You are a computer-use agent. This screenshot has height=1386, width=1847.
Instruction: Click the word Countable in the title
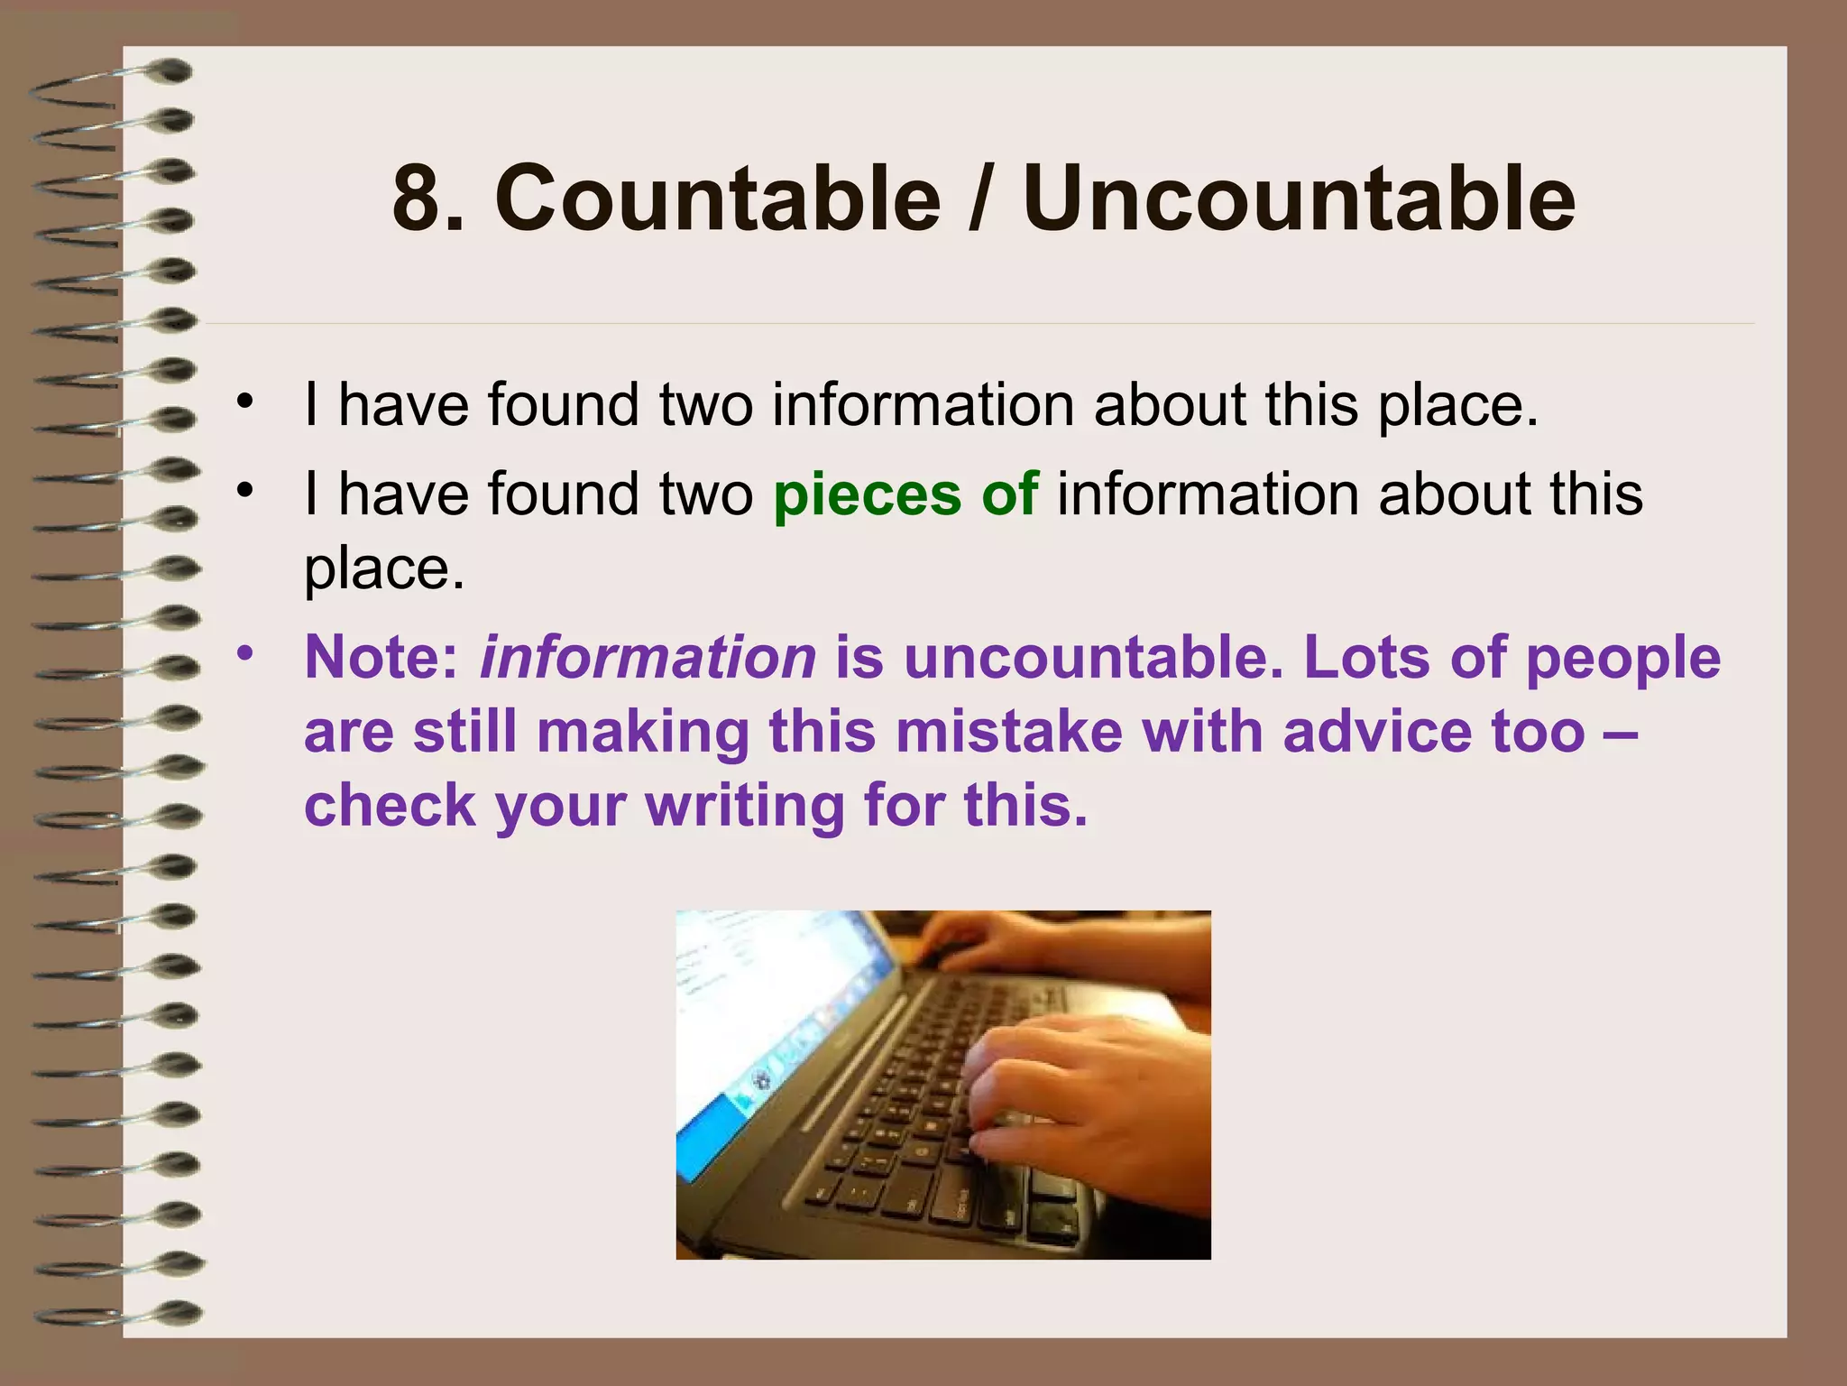pos(718,198)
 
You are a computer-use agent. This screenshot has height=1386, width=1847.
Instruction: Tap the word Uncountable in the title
pos(1300,198)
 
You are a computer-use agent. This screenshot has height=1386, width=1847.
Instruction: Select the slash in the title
pos(981,198)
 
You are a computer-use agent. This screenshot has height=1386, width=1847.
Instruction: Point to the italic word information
pos(648,657)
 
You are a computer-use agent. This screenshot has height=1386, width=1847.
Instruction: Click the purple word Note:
pos(382,657)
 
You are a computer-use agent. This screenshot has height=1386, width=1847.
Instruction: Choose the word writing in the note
pos(745,805)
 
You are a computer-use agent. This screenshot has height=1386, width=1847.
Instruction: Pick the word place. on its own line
pos(384,570)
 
